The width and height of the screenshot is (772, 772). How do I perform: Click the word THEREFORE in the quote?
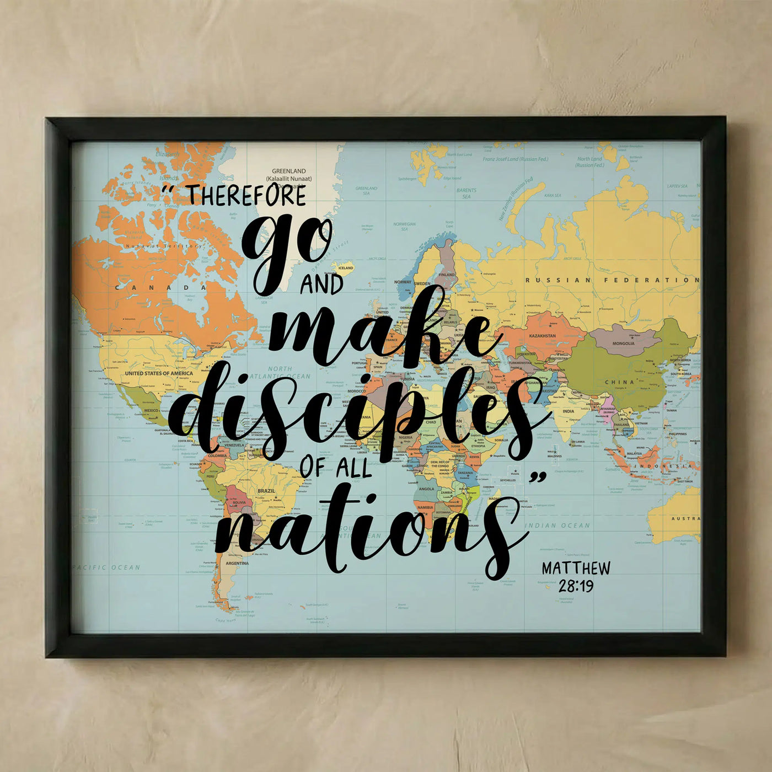[246, 195]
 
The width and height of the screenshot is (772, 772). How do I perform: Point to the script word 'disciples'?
[353, 414]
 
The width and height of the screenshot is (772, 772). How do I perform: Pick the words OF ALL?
[336, 468]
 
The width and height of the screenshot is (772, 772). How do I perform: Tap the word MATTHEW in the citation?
[576, 569]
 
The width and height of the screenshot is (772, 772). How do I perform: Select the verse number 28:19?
[576, 586]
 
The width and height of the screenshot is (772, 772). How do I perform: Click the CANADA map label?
[160, 287]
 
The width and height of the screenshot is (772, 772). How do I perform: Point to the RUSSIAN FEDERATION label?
[612, 280]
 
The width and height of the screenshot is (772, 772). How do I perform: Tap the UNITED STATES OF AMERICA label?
[159, 373]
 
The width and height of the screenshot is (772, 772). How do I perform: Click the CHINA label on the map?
[619, 382]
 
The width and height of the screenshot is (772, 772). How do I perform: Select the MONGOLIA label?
[623, 343]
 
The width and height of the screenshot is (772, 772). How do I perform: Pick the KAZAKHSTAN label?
[543, 335]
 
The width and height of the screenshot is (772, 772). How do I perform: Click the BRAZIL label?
[266, 491]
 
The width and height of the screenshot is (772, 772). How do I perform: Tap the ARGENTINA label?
[237, 563]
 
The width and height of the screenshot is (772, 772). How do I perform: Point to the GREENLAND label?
[288, 171]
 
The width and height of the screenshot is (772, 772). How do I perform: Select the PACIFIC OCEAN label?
[106, 567]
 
